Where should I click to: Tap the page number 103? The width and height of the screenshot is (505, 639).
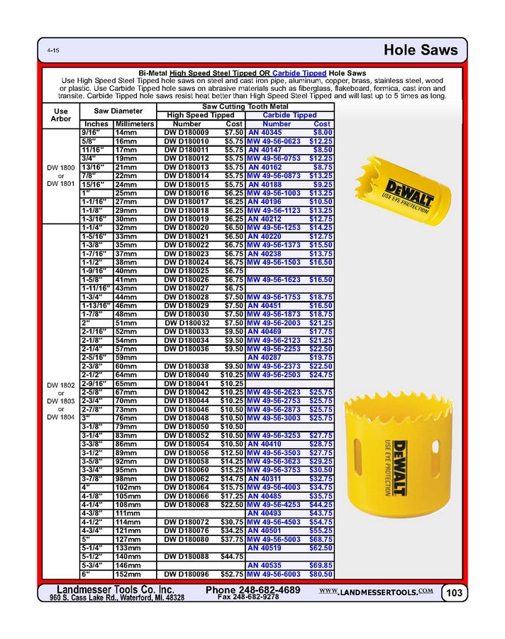(x=453, y=593)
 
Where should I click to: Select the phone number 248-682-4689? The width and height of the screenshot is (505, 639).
(x=253, y=590)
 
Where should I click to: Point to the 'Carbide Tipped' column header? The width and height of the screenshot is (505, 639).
(x=289, y=115)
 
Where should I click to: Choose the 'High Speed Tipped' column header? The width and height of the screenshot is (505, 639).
(x=200, y=115)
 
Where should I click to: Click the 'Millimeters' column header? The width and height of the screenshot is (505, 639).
(x=134, y=124)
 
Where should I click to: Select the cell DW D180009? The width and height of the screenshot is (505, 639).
(x=187, y=132)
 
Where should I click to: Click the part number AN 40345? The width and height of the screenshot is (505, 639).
(x=265, y=132)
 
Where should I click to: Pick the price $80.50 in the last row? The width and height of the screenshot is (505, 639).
(x=320, y=574)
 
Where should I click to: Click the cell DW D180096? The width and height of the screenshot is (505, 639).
(x=187, y=574)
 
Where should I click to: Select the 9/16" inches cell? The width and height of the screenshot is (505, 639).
(x=92, y=132)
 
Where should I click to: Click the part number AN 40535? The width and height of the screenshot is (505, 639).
(x=265, y=565)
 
